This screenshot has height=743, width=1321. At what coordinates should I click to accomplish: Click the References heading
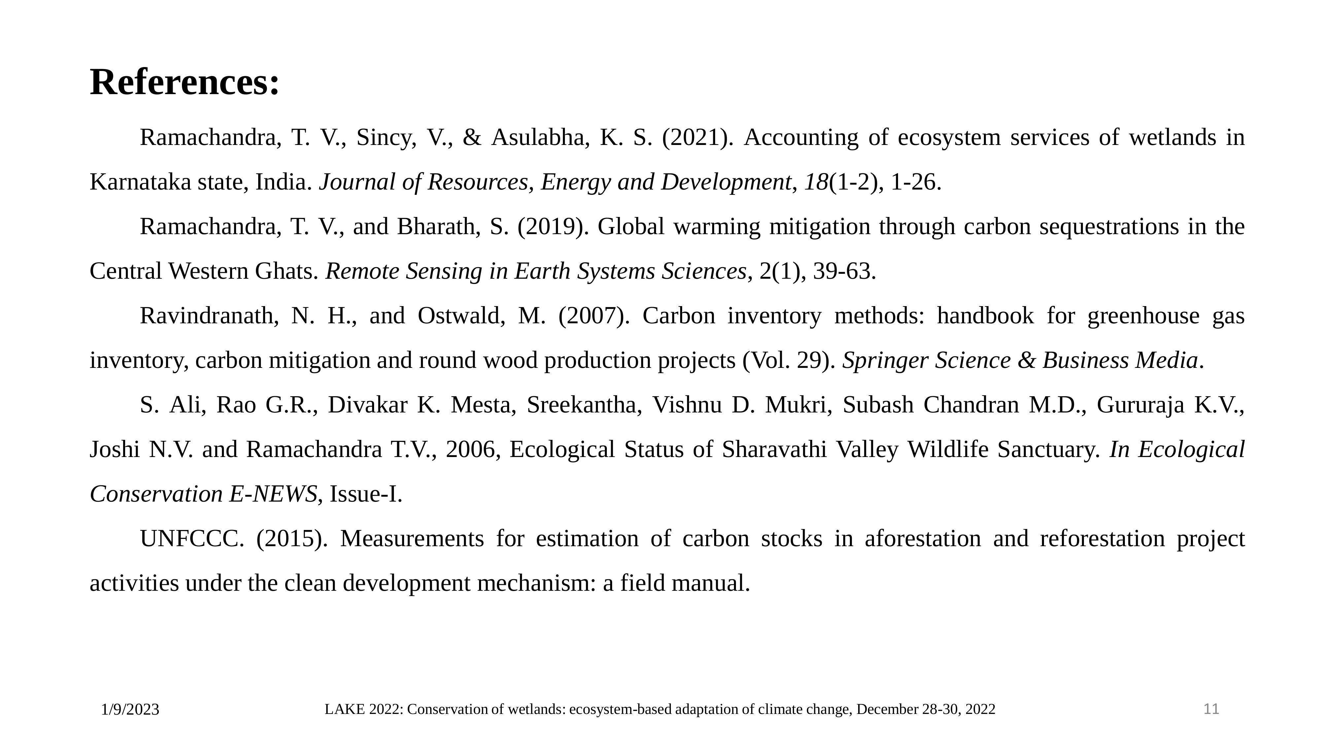(x=185, y=82)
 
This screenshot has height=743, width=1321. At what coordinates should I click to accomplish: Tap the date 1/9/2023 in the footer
(x=130, y=710)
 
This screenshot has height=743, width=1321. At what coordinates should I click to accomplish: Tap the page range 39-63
(x=844, y=271)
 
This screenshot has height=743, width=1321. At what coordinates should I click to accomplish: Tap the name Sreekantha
(x=584, y=405)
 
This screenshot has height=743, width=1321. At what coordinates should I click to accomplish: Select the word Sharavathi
(x=774, y=450)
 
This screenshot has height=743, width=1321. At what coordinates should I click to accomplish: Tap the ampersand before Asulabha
(x=472, y=137)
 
